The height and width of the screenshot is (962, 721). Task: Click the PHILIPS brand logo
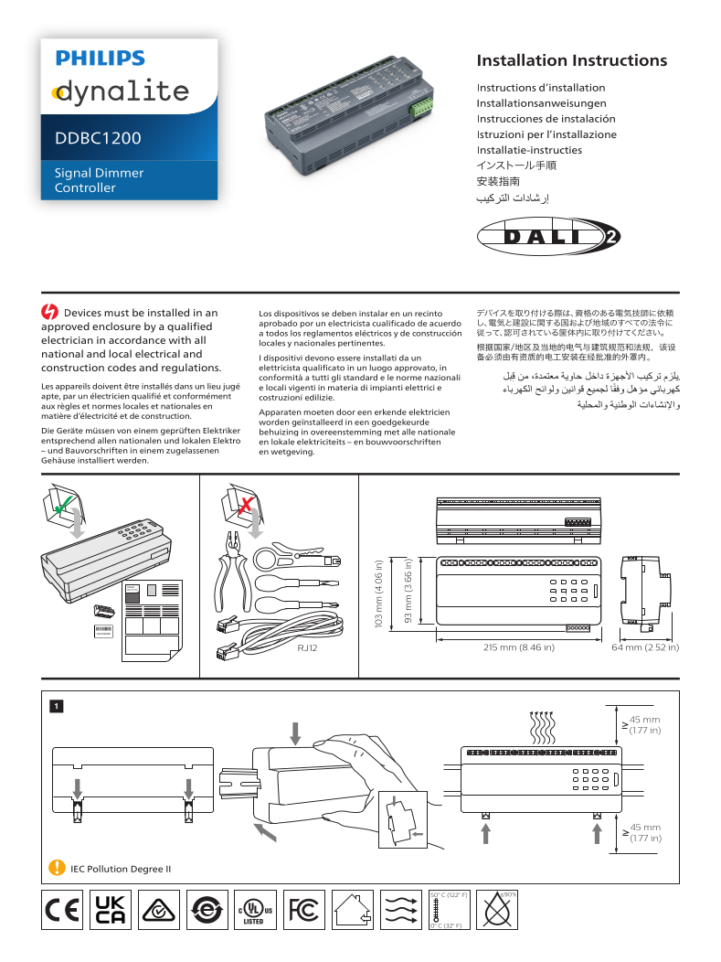[101, 59]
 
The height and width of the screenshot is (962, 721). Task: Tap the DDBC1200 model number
[98, 139]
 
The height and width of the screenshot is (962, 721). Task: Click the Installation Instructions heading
[571, 61]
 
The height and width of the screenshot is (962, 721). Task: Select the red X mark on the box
[245, 504]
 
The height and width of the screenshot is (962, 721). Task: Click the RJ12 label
[334, 647]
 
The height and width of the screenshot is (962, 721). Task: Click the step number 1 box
[56, 705]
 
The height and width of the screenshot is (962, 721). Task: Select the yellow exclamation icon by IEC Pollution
[57, 868]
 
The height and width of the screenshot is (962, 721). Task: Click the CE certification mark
[62, 910]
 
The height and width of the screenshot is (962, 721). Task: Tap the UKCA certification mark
[111, 910]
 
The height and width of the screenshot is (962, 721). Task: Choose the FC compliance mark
[302, 910]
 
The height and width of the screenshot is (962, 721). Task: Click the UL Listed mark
[255, 910]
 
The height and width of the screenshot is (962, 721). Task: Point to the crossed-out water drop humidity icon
[498, 910]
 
